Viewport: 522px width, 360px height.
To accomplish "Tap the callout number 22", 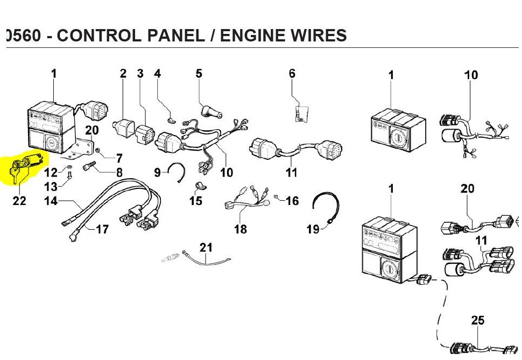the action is click(x=19, y=201).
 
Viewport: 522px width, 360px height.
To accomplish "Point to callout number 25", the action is click(x=477, y=320).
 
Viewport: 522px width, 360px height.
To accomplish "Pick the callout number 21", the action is click(x=206, y=248).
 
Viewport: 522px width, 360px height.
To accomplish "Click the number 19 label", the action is click(x=313, y=229).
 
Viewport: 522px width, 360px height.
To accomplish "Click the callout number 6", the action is click(x=292, y=73).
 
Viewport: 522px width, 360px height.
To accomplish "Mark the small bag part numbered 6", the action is click(x=301, y=113).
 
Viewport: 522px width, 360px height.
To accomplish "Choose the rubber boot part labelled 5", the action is click(x=211, y=111).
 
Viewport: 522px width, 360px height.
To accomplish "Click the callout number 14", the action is click(x=51, y=201).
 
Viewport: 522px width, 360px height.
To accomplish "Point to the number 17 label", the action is click(x=102, y=229).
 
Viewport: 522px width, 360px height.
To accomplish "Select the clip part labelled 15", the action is click(x=200, y=187).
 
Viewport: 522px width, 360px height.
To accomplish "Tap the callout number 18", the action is click(x=241, y=229).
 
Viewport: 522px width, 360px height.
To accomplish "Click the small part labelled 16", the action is click(x=276, y=196).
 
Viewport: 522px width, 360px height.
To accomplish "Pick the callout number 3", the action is click(x=140, y=73).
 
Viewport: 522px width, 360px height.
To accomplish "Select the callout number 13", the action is click(x=51, y=187).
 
